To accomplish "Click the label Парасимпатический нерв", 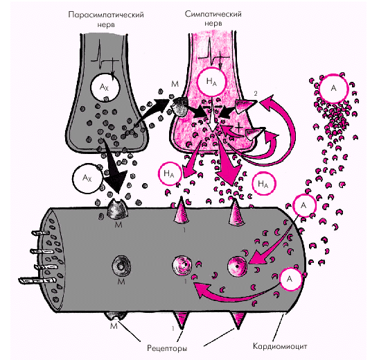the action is [x=106, y=19].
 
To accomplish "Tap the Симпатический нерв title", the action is [x=213, y=18].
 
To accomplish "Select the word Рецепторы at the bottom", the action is [x=167, y=348].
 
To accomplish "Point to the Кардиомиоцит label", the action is [x=280, y=346].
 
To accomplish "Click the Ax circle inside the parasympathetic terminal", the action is [x=105, y=87].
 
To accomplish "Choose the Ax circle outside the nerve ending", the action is [x=88, y=178].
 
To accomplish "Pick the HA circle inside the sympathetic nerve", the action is [x=211, y=82].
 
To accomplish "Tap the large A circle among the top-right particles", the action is [x=334, y=88].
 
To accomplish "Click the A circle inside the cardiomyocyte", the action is [x=290, y=279].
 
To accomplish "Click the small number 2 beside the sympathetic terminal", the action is [x=256, y=94].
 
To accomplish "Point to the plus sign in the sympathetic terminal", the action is [x=239, y=127].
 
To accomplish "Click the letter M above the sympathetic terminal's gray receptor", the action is [x=175, y=84].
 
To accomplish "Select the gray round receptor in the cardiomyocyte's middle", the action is [x=121, y=266].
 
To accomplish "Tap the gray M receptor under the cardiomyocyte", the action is [x=116, y=316].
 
